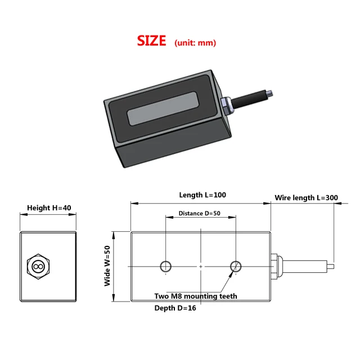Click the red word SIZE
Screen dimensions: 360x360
coord(152,41)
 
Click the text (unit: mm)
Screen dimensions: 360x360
coord(195,43)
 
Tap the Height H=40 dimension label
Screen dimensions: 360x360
coord(49,208)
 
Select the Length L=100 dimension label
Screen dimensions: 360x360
coord(202,195)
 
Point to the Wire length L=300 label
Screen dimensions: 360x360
coord(306,198)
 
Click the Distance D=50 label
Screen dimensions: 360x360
coord(199,214)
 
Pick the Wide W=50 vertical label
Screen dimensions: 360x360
coord(107,266)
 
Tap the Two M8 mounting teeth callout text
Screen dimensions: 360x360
coord(196,296)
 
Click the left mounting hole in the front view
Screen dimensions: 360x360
coord(166,266)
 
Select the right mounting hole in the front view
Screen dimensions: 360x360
coord(236,266)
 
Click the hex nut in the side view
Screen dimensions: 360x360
coord(38,266)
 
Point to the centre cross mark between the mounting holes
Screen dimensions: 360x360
coord(201,266)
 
